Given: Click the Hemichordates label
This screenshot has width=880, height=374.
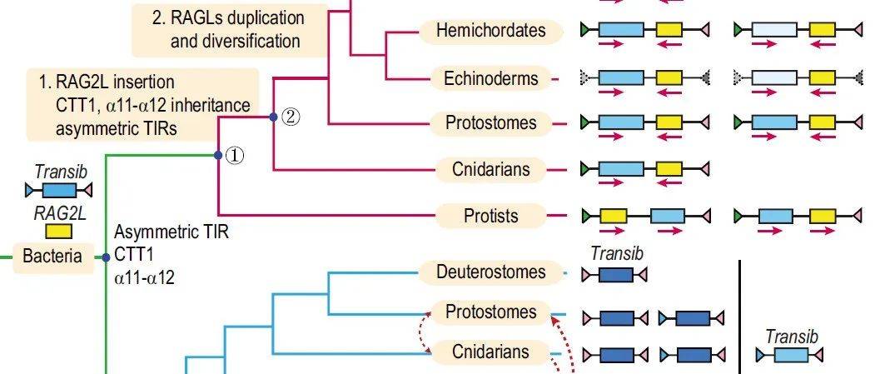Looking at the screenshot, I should coord(491,31).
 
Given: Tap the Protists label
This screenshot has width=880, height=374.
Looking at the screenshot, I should coord(491,216).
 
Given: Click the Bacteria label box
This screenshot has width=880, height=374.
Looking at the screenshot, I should coord(52,257).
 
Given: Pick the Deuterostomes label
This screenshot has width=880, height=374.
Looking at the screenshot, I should coord(491,272).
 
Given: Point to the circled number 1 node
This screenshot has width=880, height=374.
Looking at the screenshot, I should coord(235,156).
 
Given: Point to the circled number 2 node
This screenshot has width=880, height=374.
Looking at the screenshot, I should coord(289,117).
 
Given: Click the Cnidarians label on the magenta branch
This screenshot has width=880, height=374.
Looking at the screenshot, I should coord(491,169).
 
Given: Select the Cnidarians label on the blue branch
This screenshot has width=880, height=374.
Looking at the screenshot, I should coord(491,352).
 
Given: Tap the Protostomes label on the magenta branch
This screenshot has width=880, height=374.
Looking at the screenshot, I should coord(491,123).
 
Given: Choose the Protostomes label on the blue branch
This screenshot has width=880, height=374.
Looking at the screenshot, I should coord(491,312).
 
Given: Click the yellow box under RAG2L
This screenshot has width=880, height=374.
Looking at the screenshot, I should coord(58,231).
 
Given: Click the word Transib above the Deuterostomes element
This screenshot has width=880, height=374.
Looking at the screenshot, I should coord(614,254).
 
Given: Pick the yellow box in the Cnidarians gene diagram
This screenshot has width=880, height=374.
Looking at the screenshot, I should coord(669,169).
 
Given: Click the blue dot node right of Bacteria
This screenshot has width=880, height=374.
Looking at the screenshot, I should coord(107,257).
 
